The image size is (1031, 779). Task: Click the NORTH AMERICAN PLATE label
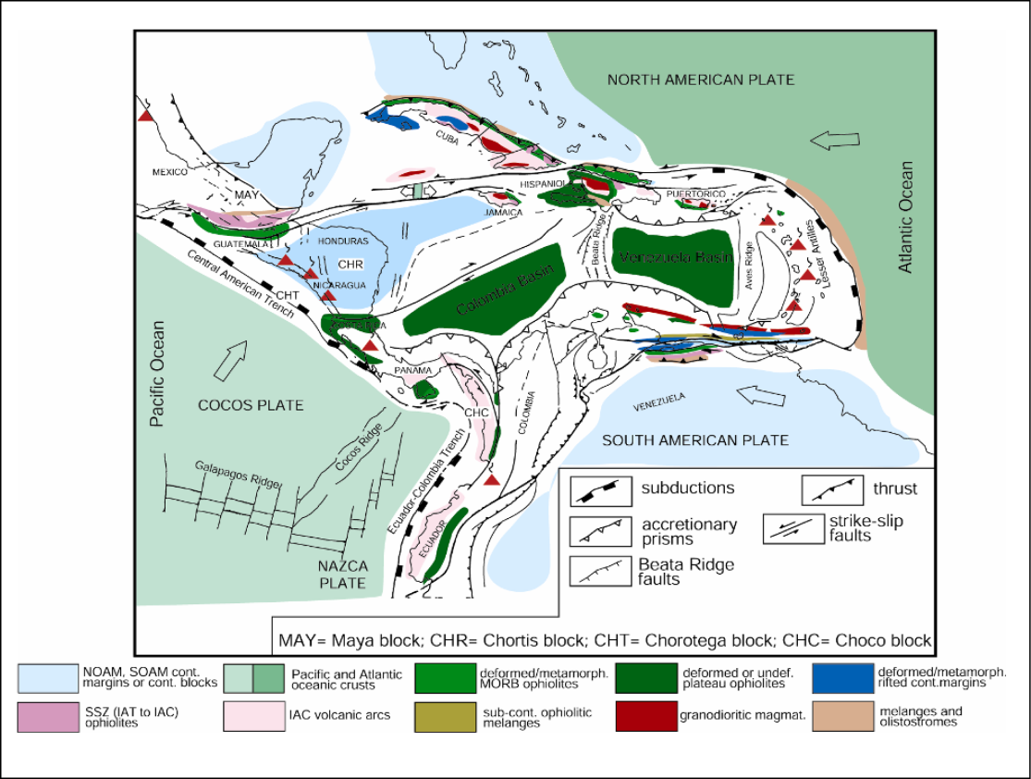(x=700, y=80)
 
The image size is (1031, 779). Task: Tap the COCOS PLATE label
(x=251, y=405)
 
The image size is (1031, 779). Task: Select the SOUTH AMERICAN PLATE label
(x=695, y=439)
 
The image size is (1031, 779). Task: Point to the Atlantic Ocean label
(x=906, y=217)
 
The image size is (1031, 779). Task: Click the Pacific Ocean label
(x=157, y=374)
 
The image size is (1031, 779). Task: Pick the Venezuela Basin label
(x=676, y=258)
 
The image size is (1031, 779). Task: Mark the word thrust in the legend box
(x=894, y=488)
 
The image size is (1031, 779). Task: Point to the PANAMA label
(x=412, y=370)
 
